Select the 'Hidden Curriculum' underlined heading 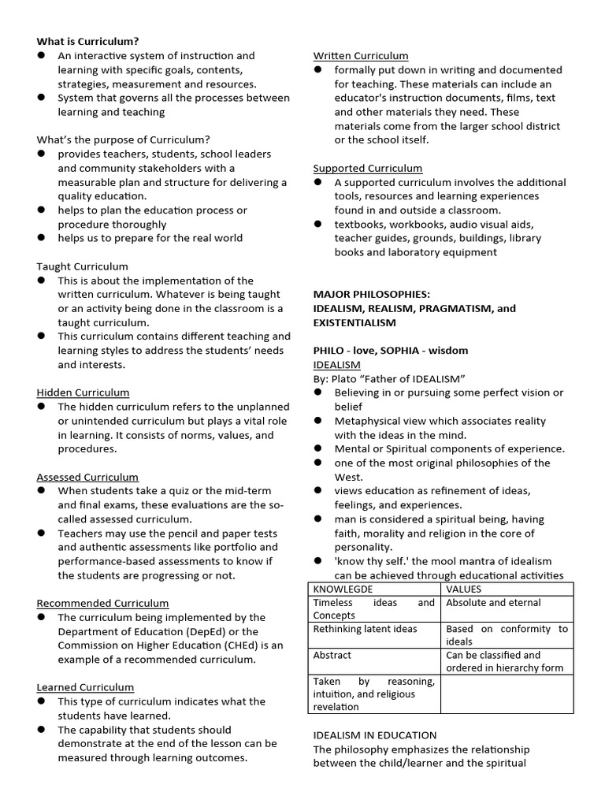83,392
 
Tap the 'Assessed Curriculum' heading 87,477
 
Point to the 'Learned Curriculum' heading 85,687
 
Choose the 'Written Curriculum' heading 361,55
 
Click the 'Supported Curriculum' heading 368,168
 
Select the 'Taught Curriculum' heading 82,266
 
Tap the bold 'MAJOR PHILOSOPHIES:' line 371,294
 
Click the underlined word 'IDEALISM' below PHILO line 337,365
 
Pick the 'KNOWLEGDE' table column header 343,589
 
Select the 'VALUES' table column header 463,589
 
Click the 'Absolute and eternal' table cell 493,603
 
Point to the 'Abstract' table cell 332,655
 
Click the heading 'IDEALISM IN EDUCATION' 374,735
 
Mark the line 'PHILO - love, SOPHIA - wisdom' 391,351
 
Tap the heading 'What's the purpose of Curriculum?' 124,139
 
